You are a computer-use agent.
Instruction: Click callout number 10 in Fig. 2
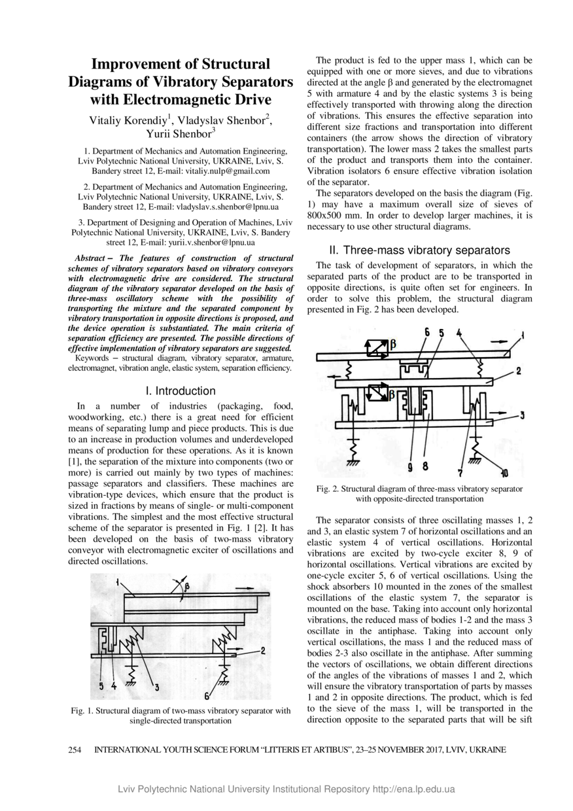(x=504, y=473)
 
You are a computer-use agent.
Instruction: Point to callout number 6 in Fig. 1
(x=207, y=695)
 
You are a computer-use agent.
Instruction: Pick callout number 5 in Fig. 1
(x=102, y=685)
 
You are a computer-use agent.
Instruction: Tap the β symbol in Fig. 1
(x=186, y=587)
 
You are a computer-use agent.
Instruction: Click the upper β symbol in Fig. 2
(x=393, y=343)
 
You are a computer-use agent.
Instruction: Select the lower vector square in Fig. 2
(x=378, y=393)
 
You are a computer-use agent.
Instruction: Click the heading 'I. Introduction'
(x=181, y=391)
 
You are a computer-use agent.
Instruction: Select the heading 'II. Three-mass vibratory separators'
(x=419, y=250)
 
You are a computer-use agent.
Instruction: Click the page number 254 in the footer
(x=75, y=750)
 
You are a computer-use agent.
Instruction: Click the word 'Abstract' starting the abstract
(x=90, y=259)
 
